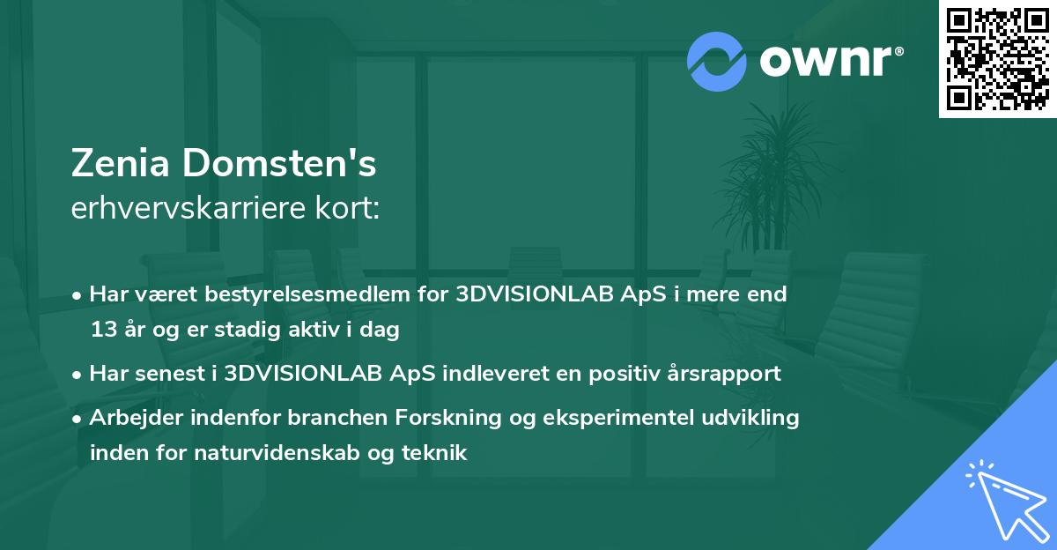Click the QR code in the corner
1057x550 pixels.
click(x=998, y=58)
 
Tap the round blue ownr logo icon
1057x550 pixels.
click(x=717, y=61)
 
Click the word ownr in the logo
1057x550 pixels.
click(x=825, y=62)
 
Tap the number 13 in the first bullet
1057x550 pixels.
click(x=102, y=331)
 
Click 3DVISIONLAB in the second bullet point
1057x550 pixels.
click(x=298, y=374)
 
